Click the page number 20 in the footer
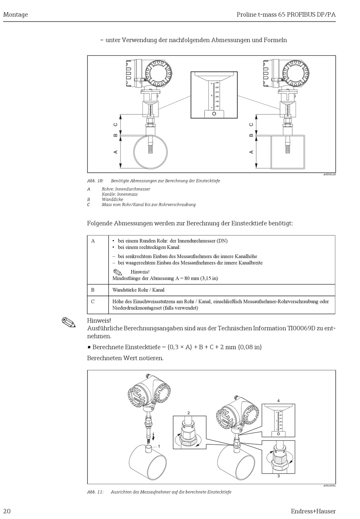7,511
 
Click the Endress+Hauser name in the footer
313,511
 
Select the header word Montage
16,15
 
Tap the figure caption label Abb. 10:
95,181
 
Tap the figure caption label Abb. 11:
95,492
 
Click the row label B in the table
93,290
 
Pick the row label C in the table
93,302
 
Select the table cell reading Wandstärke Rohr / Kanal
138,290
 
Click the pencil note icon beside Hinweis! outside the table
69,322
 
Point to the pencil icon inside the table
118,272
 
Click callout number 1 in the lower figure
159,447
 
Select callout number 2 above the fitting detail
188,413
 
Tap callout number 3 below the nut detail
279,476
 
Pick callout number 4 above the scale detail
279,400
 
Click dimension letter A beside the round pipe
116,152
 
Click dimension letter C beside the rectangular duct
251,125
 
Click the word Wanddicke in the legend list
112,199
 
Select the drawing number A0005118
329,175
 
